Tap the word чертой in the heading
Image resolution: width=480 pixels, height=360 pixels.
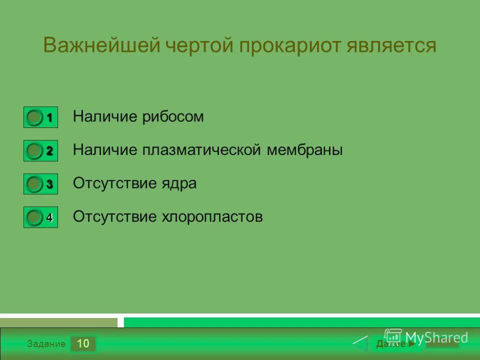click(x=197, y=45)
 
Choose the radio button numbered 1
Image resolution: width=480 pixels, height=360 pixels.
click(x=34, y=117)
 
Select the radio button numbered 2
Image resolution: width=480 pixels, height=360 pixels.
click(x=34, y=150)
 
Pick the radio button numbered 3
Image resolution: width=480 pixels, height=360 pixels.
click(x=34, y=184)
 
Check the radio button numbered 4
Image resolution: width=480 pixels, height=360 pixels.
click(x=34, y=217)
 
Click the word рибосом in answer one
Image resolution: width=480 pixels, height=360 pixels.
click(x=173, y=117)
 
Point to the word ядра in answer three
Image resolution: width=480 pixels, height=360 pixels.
click(x=179, y=183)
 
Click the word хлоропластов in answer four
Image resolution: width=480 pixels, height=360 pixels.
click(x=212, y=216)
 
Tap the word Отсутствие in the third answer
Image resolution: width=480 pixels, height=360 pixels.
click(x=115, y=183)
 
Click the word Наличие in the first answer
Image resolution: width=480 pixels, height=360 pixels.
click(x=105, y=117)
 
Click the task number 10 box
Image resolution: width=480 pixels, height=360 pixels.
click(x=83, y=343)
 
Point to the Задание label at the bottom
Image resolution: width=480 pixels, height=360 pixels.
click(x=46, y=344)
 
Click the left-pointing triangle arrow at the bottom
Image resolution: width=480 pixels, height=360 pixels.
click(x=360, y=344)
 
